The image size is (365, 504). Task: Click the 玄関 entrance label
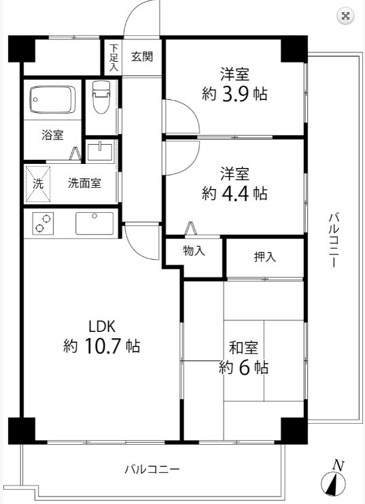141,56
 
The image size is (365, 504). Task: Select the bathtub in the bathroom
54,101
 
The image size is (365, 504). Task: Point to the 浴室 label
52,135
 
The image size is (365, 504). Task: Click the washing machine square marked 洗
38,183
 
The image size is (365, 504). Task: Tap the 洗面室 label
84,183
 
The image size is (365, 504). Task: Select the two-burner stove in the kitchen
42,224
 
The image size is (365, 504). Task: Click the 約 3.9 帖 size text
234,95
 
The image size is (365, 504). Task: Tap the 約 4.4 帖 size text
234,193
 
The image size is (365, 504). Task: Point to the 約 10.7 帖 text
101,346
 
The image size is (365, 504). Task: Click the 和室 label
243,348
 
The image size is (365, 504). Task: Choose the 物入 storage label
194,251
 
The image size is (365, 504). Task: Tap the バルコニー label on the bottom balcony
152,469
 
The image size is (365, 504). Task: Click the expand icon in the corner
346,16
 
